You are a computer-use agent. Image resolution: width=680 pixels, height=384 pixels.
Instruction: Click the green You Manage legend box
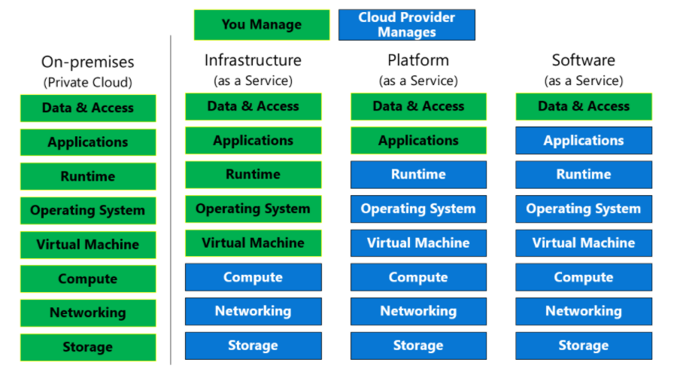coord(261,25)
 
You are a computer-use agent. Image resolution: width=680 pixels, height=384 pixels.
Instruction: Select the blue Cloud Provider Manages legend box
coord(407,25)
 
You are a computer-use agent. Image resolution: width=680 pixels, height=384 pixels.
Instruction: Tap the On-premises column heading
coord(87,62)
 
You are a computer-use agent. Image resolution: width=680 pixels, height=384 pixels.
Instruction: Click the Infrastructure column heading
coord(253,60)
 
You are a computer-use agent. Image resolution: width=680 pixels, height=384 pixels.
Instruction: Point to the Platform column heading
coord(418,60)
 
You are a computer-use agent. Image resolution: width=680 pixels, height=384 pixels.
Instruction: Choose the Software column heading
coord(583,60)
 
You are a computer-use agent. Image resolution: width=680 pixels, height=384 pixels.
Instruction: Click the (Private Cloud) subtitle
coord(87,82)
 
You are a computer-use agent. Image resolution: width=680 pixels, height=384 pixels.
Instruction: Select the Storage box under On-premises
coord(88,347)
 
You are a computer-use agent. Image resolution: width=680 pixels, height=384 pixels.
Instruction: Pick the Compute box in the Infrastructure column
coord(253,277)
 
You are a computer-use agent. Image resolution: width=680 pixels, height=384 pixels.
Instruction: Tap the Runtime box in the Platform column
coord(418,175)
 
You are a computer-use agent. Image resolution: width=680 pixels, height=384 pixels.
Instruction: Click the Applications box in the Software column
coord(584,141)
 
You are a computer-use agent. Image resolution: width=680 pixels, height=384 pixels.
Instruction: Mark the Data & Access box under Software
coord(584,107)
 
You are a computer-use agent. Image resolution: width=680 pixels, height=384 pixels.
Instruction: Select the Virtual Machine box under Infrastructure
coord(253,243)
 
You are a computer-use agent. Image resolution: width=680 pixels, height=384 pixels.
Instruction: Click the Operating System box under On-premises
coord(88,211)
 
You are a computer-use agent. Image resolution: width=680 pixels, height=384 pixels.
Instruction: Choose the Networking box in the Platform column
coord(418,311)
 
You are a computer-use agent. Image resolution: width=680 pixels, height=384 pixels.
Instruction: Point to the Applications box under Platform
coord(418,141)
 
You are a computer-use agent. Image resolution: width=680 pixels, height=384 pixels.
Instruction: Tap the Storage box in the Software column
coord(584,346)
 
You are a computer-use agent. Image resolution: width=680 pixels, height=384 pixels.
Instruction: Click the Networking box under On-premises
coord(88,313)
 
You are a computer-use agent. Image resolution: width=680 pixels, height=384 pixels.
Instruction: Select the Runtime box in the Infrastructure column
coord(253,175)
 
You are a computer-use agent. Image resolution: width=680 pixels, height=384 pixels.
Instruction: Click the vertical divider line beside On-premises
coord(171,203)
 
